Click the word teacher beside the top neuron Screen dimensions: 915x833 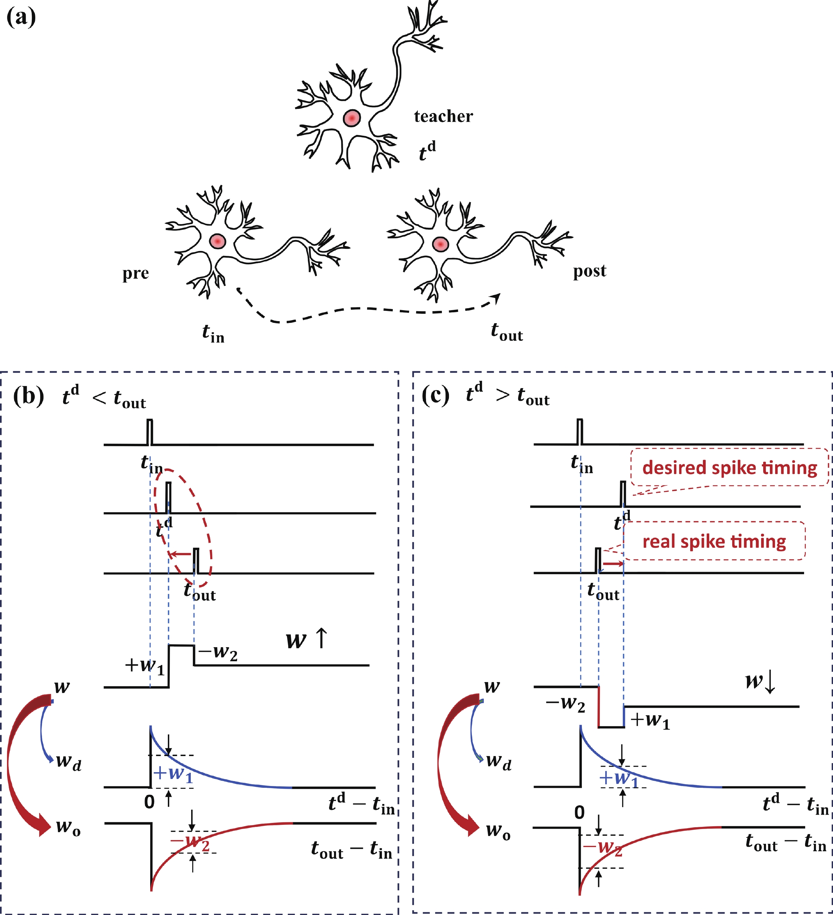(x=443, y=117)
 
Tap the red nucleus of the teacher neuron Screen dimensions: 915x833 (x=352, y=118)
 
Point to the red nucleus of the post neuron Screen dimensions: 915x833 (x=440, y=244)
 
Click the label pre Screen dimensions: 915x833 (x=135, y=274)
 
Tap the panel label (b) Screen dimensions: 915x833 (x=29, y=395)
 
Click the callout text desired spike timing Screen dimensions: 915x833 (x=729, y=467)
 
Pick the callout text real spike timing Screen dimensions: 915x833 (x=714, y=541)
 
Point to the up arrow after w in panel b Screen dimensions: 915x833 (x=321, y=638)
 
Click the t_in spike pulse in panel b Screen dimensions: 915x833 (x=150, y=432)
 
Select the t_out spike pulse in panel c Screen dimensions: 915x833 (x=598, y=561)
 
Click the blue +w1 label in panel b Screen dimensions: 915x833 (x=174, y=773)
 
